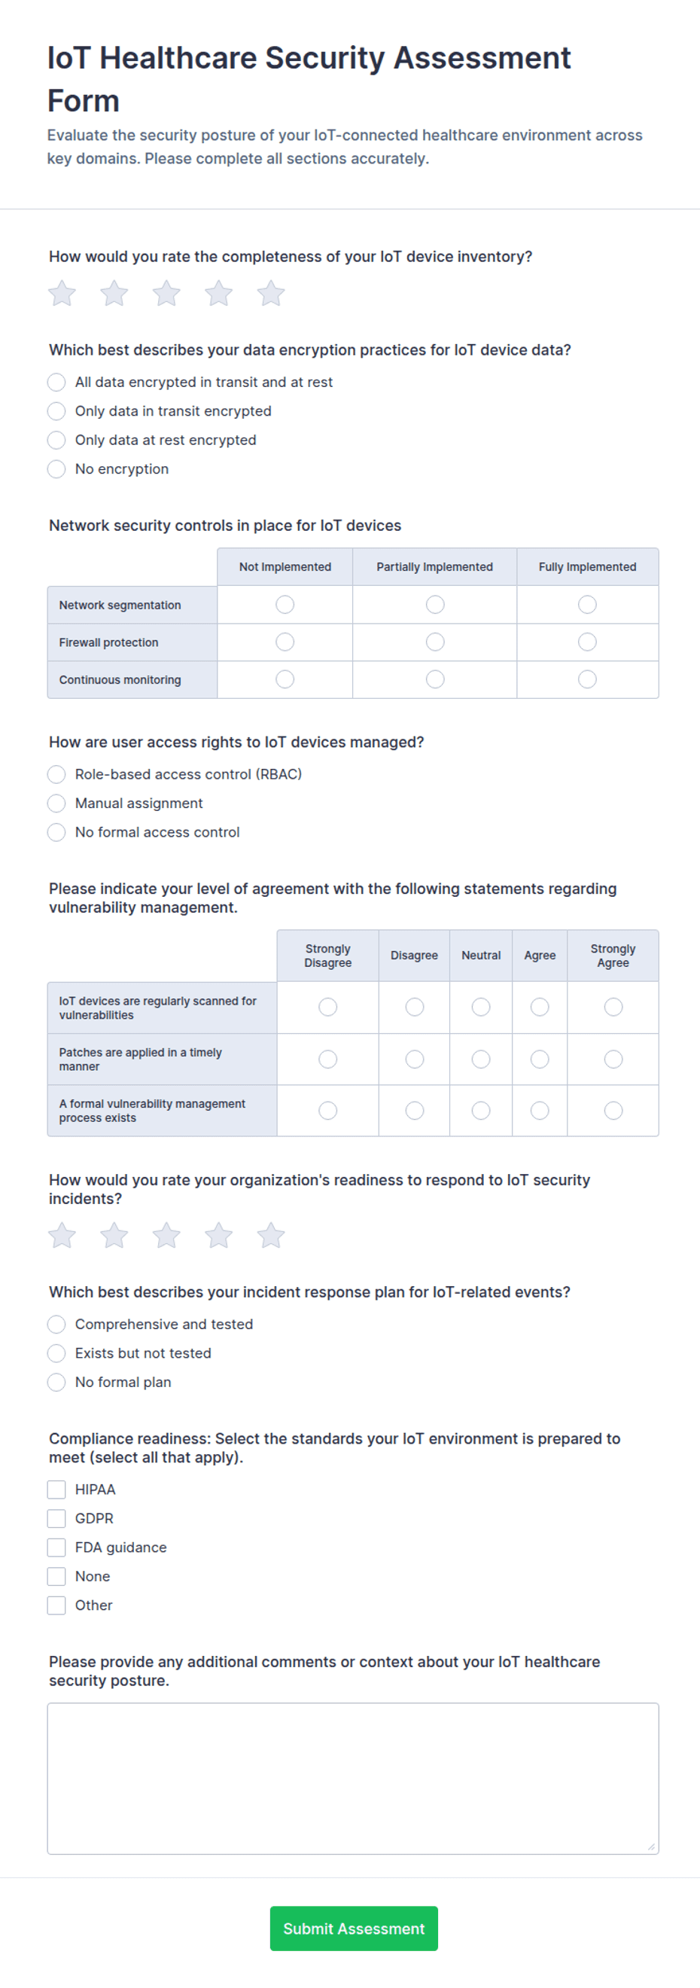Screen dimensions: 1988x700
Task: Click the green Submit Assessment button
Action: [354, 1928]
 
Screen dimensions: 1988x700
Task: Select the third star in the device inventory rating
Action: [166, 293]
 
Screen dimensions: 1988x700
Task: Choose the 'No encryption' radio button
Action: [56, 469]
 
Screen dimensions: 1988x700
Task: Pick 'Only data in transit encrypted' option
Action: [56, 411]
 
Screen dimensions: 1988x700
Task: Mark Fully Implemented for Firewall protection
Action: [587, 642]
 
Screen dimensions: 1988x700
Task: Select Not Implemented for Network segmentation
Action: [285, 604]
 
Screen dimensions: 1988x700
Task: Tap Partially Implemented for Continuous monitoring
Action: [435, 679]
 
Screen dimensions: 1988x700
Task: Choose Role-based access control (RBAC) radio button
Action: [56, 774]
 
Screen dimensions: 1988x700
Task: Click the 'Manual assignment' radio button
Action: [56, 803]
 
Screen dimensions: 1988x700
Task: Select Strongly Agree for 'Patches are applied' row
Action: [613, 1059]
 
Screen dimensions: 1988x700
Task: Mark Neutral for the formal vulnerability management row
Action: [481, 1111]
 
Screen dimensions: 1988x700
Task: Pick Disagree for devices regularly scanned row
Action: [415, 1007]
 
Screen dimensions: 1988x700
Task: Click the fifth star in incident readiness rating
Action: [271, 1236]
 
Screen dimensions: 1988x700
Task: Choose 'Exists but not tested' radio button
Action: [56, 1353]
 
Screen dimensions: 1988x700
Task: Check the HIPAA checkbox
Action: [56, 1489]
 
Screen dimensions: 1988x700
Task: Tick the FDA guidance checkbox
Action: [56, 1547]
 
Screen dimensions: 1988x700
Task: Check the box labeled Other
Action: [56, 1605]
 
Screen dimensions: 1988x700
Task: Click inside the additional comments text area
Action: [353, 1778]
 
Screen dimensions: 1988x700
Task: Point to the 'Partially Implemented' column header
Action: [434, 566]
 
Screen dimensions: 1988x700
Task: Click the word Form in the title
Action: [84, 101]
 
